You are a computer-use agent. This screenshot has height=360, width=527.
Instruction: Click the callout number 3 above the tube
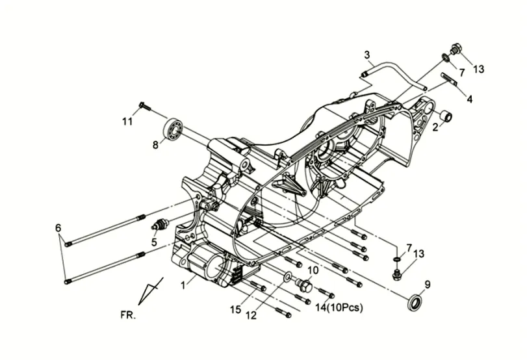click(x=366, y=55)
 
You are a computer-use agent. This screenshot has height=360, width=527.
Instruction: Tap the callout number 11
click(x=127, y=121)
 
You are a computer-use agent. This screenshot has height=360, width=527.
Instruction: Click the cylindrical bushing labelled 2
click(x=446, y=116)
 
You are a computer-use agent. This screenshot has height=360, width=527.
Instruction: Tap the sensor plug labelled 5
click(x=159, y=224)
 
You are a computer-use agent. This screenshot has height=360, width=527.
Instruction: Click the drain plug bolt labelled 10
click(x=304, y=286)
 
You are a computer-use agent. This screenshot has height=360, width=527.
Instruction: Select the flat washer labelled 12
click(x=288, y=277)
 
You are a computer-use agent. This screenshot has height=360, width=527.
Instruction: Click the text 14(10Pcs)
click(x=339, y=307)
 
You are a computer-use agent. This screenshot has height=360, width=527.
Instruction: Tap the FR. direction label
click(x=128, y=315)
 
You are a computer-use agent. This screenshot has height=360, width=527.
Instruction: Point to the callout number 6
click(x=58, y=228)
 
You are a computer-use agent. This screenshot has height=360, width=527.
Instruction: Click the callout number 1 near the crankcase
click(x=183, y=286)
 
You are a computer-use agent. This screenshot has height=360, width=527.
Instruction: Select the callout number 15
click(x=236, y=309)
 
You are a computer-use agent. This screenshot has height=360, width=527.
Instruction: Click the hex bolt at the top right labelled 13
click(x=455, y=49)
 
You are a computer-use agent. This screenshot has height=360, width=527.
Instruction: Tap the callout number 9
click(x=427, y=285)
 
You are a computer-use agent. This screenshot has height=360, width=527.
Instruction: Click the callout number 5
click(x=154, y=242)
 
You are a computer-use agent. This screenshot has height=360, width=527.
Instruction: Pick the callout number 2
click(x=435, y=127)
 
